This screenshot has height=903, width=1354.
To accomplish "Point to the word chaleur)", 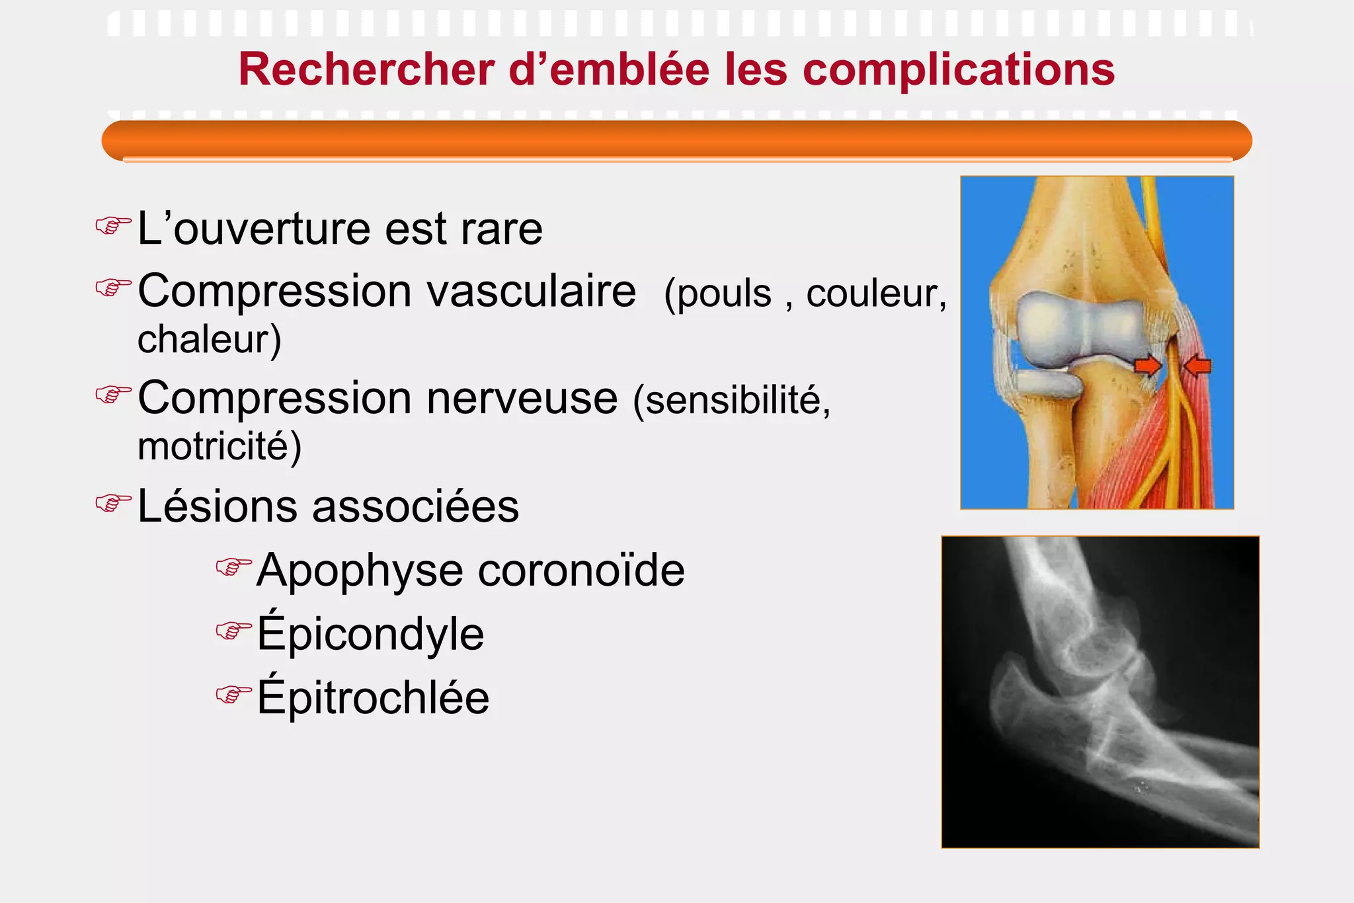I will tap(210, 339).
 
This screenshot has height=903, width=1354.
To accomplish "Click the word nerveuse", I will tap(522, 399).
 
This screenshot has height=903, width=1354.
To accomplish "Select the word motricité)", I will tap(219, 446).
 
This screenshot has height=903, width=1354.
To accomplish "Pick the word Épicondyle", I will tap(371, 633).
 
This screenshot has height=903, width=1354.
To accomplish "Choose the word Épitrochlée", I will tap(374, 697).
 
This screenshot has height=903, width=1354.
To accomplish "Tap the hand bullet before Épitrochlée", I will tap(233, 694).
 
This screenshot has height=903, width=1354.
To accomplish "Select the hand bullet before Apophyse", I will tap(233, 567).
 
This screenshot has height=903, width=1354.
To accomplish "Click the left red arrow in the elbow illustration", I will tap(1148, 365).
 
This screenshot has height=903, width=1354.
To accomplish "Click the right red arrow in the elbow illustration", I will tap(1198, 365).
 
